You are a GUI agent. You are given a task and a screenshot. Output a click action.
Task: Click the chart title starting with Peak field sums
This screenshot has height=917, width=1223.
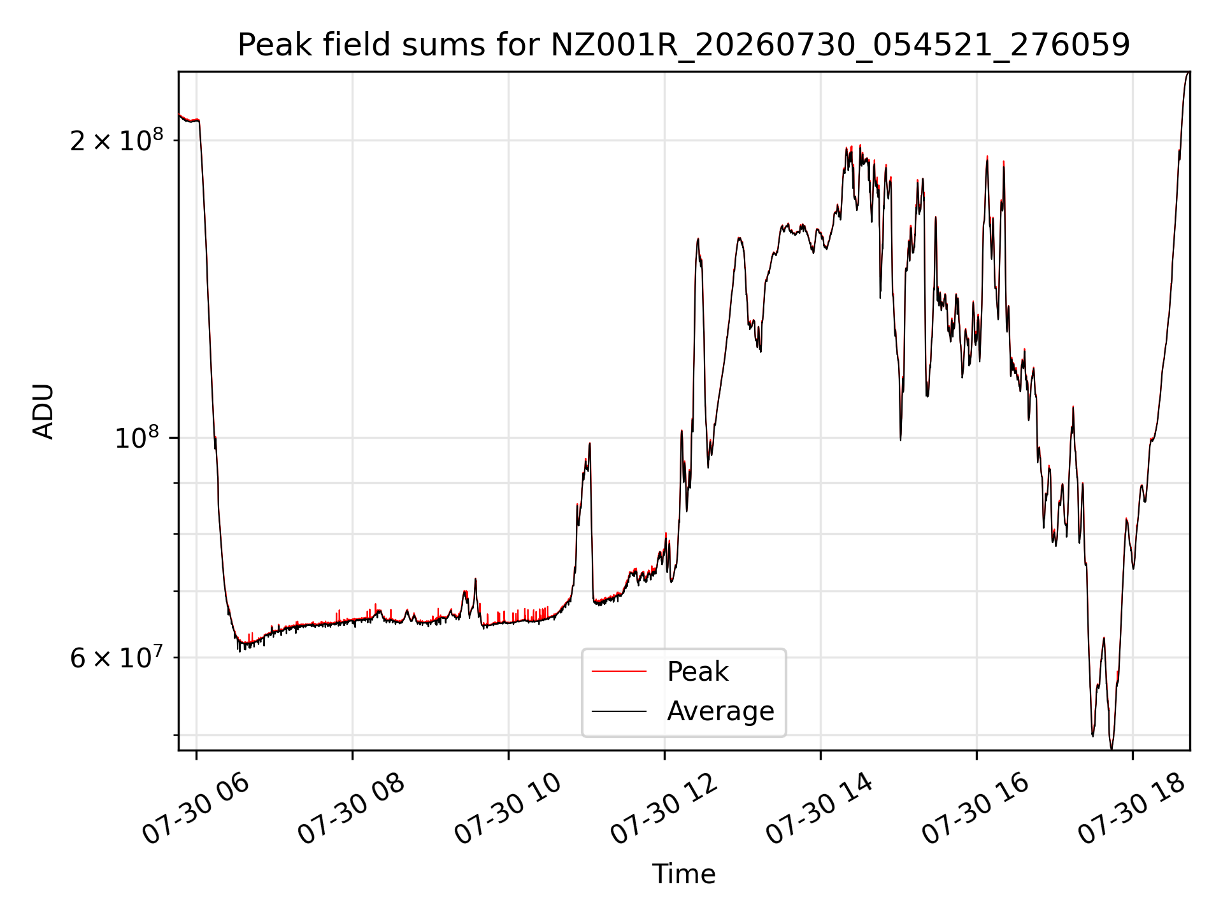tap(683, 45)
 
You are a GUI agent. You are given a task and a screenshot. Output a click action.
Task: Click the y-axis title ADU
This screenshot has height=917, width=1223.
tap(43, 411)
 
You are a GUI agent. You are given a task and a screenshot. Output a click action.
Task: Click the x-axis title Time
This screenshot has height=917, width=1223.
tap(683, 874)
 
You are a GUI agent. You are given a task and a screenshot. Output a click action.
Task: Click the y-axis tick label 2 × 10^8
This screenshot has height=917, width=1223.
tap(117, 140)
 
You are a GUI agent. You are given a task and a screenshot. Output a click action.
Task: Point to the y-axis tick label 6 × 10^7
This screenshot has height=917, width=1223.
tap(117, 657)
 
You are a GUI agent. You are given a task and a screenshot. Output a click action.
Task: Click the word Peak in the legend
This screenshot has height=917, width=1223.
tap(697, 672)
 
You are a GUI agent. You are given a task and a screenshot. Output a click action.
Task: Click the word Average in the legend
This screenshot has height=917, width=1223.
tap(720, 711)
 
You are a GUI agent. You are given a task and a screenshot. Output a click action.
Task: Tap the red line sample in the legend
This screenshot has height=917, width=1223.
tap(619, 671)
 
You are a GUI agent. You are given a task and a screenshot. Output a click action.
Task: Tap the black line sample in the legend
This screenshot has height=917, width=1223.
tap(619, 711)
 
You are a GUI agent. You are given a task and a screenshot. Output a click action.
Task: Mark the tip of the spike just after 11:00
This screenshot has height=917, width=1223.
tap(590, 443)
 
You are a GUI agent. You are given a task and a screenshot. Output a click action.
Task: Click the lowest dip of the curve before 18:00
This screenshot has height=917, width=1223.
tap(1112, 749)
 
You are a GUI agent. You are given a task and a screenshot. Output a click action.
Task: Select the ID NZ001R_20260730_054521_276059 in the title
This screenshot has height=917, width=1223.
tap(840, 46)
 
